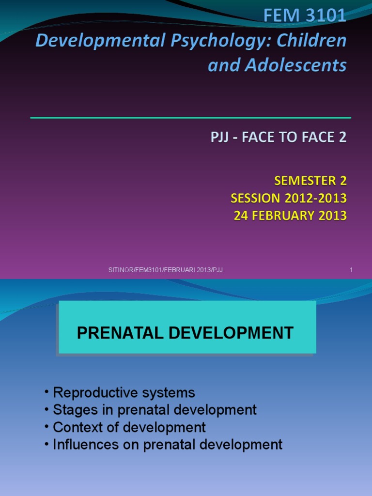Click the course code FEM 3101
[305, 16]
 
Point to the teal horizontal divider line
[190, 118]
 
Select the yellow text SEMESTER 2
[310, 181]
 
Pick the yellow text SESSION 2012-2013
[289, 198]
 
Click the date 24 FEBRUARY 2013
[290, 216]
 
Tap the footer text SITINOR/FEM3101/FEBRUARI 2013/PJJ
[165, 270]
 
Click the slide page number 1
[351, 270]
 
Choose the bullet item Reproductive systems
[124, 392]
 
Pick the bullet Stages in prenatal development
[155, 410]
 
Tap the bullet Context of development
[129, 427]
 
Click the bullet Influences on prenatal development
[167, 445]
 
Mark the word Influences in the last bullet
[81, 445]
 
